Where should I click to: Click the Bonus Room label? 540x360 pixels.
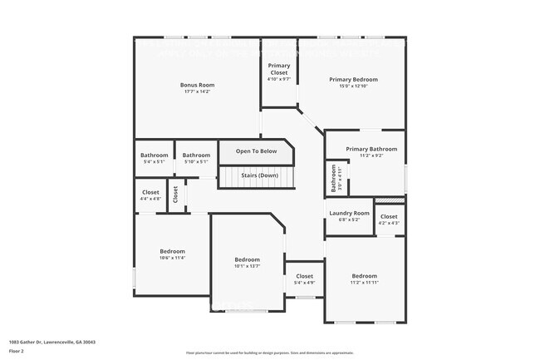pyautogui.click(x=198, y=85)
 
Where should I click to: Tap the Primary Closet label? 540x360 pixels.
pyautogui.click(x=278, y=69)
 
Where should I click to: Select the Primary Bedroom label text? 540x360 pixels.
pyautogui.click(x=353, y=79)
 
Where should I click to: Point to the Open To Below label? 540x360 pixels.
pyautogui.click(x=256, y=151)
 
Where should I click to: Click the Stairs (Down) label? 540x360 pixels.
pyautogui.click(x=259, y=175)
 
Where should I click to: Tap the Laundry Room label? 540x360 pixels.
pyautogui.click(x=349, y=213)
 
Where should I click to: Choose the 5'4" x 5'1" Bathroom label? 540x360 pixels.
pyautogui.click(x=154, y=155)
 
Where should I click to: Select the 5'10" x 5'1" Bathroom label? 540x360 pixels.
pyautogui.click(x=196, y=155)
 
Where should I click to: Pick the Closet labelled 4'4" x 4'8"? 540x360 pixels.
pyautogui.click(x=150, y=192)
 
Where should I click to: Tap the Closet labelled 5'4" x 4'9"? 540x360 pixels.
pyautogui.click(x=304, y=276)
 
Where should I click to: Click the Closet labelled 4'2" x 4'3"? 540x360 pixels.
pyautogui.click(x=389, y=217)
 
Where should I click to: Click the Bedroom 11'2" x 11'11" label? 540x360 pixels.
pyautogui.click(x=364, y=276)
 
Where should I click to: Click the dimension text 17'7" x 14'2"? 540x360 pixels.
pyautogui.click(x=198, y=91)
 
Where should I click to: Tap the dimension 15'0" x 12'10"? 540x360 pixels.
pyautogui.click(x=353, y=86)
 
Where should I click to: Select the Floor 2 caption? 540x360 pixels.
pyautogui.click(x=17, y=351)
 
